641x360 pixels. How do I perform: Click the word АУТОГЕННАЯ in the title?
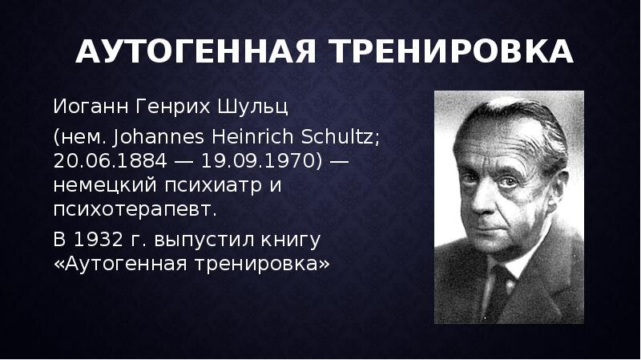tap(196, 51)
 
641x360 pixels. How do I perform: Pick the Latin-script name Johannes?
tap(158, 136)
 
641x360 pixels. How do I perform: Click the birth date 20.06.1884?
tap(110, 161)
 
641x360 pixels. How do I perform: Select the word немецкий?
tap(105, 185)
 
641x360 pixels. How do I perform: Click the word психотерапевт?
tap(135, 210)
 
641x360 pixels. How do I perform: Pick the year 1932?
tap(98, 239)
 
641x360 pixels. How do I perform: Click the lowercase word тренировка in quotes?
tap(262, 264)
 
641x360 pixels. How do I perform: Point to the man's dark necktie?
tap(497, 290)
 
